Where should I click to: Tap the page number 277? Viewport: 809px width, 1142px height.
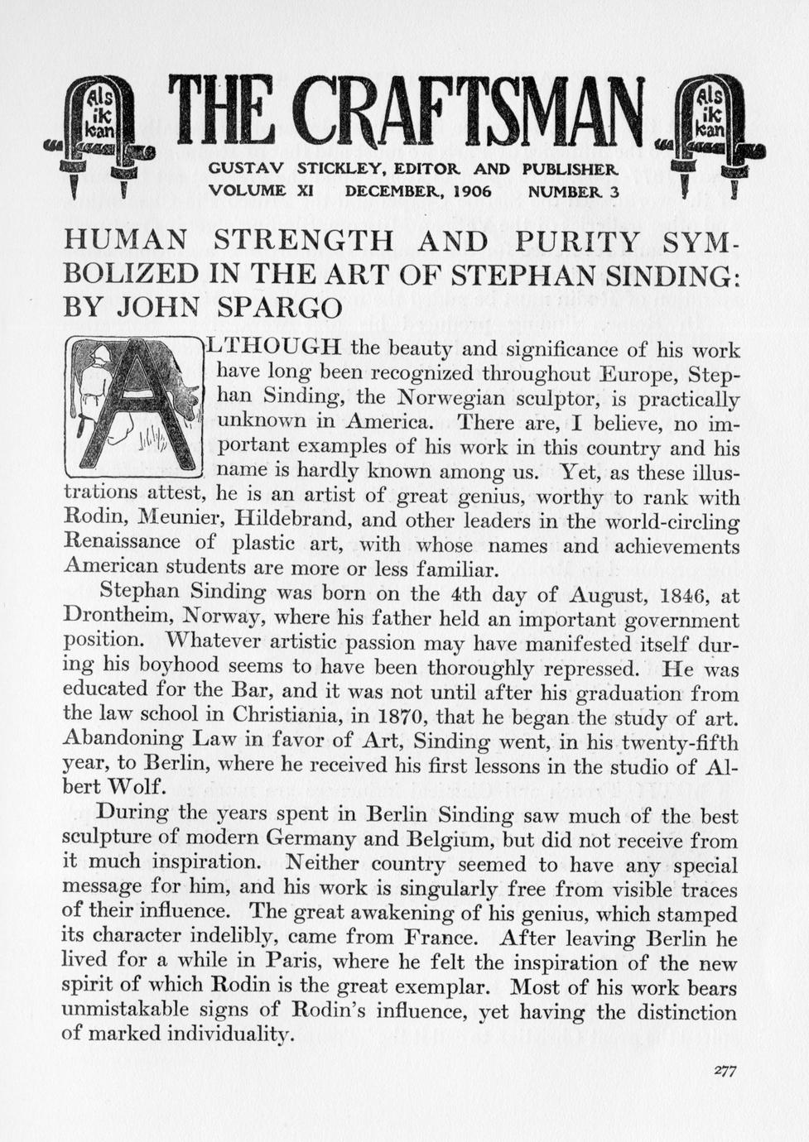725,1070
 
